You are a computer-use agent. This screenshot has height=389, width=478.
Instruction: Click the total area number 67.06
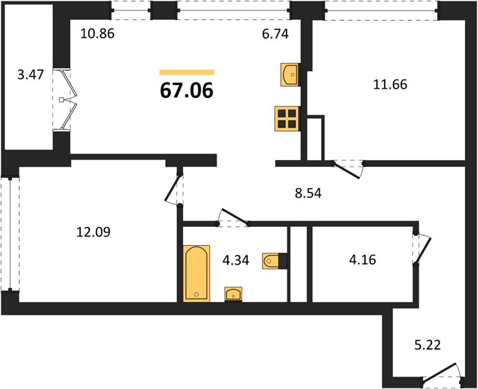point(186,91)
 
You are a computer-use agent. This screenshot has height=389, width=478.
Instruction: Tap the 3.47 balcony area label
point(30,75)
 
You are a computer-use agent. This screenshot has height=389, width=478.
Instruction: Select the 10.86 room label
point(97,34)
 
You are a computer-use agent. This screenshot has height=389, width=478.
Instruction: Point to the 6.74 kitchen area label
point(275,34)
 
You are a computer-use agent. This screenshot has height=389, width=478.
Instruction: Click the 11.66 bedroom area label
point(390,84)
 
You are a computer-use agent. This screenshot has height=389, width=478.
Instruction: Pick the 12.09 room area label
point(93,232)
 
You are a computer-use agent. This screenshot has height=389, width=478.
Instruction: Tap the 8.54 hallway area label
point(308,193)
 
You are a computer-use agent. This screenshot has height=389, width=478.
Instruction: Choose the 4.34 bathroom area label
point(236,261)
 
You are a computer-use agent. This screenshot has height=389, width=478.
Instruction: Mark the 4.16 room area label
point(363,260)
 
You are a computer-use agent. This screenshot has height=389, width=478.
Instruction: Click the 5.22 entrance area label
point(427,346)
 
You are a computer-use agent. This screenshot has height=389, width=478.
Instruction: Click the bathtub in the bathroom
point(197,273)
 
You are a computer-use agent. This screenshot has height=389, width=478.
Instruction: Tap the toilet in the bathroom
point(274,261)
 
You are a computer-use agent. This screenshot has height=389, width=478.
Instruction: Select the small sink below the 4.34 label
point(233,294)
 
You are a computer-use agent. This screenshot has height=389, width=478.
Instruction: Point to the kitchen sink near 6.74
point(290,75)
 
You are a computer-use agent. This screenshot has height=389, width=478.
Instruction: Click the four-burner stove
point(287,119)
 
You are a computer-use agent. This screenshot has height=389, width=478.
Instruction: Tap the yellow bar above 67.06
point(187,72)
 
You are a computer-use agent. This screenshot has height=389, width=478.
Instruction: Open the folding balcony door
point(68,100)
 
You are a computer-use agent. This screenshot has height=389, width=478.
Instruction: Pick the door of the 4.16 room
point(422,249)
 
